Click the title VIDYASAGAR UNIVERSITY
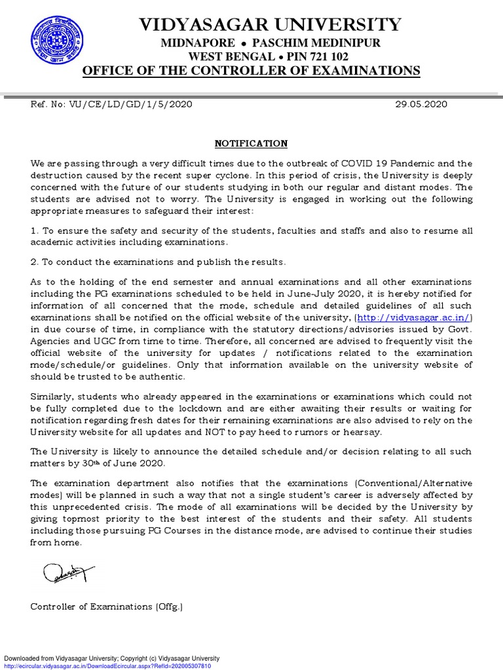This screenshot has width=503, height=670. pos(270,25)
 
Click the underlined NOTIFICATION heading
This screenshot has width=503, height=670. pos(251,143)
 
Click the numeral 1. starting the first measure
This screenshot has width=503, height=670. pos(35,231)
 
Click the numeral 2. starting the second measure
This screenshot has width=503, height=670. pos(35,262)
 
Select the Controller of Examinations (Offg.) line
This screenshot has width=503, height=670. pos(107,607)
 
